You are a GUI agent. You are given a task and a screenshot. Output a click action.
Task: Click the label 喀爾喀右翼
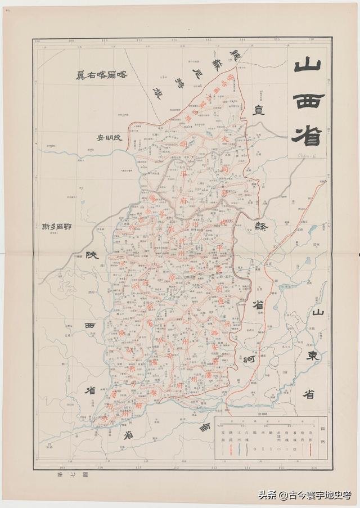click(x=106, y=75)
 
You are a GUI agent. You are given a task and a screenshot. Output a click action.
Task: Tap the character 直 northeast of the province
click(x=259, y=110)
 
